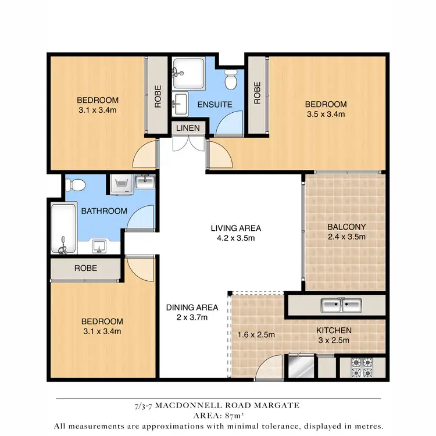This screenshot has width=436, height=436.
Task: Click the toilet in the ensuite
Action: point(231,79)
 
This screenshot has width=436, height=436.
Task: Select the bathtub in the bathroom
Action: point(63,228)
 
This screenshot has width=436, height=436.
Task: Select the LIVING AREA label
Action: point(235,227)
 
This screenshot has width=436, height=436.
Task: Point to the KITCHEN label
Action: point(334,330)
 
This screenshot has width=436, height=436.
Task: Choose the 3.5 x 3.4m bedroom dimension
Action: point(326,115)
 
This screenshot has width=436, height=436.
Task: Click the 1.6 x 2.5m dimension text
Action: point(256,334)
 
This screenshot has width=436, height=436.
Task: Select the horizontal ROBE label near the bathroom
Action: point(85,269)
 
